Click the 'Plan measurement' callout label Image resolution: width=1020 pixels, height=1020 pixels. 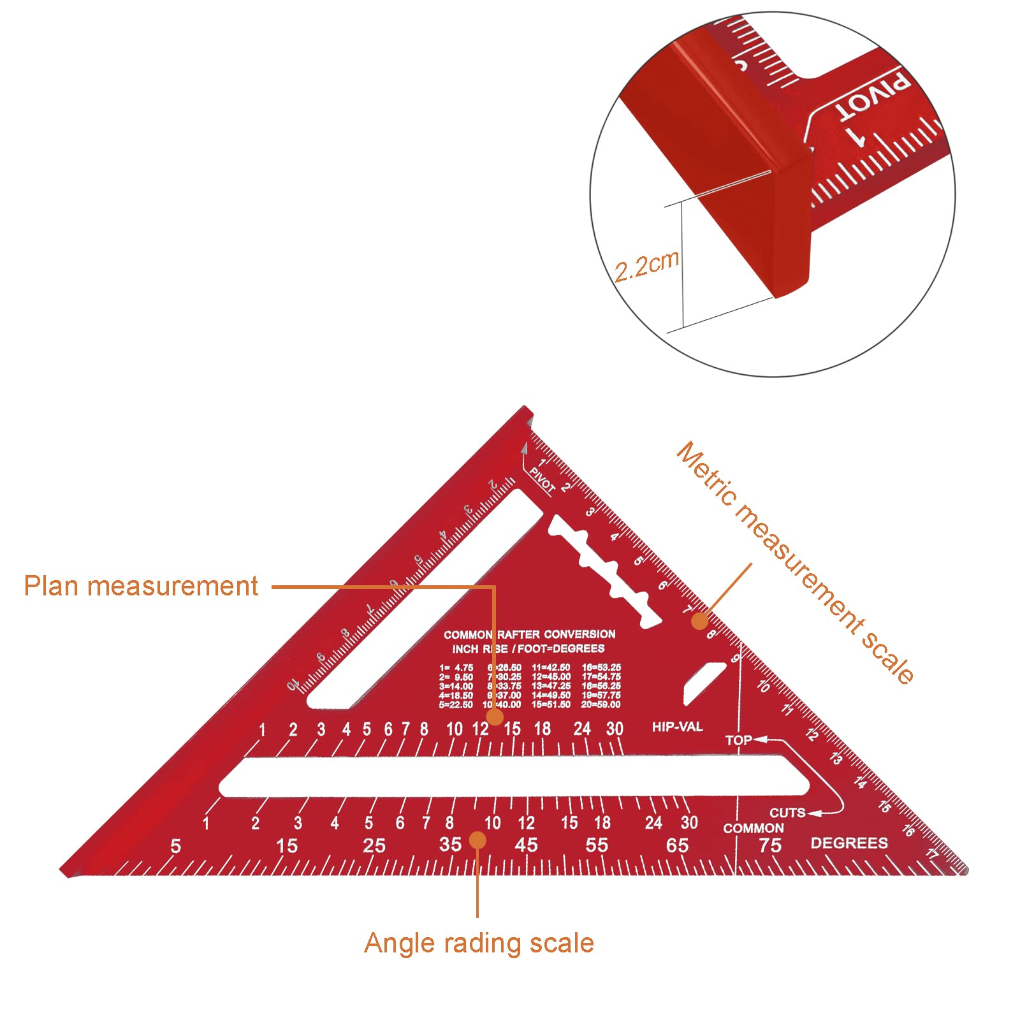pos(141,586)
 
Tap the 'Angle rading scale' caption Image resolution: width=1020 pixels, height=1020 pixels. pos(479,943)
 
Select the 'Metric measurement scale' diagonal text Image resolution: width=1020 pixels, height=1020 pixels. pos(794,564)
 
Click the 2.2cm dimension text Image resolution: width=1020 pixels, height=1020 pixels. pos(646,266)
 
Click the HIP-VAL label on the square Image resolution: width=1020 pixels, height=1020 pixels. pos(677,727)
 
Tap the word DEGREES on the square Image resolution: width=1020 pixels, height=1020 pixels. pos(849,843)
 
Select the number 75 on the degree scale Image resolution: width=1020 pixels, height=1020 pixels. pos(769,845)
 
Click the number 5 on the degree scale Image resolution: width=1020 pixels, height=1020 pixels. pos(176,847)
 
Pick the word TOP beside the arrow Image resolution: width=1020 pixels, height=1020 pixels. pos(738,740)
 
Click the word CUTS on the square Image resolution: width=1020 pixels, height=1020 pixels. pos(787,813)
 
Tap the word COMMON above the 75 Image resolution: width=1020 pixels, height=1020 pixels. pos(753,828)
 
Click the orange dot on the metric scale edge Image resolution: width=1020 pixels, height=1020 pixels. pos(700,620)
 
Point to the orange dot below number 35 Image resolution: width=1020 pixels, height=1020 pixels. pos(477,840)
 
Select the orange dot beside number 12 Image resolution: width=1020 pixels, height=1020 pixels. pos(495,717)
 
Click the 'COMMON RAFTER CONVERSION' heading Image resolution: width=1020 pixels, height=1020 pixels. pos(529,634)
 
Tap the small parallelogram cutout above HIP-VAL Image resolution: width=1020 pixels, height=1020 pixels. pos(704,683)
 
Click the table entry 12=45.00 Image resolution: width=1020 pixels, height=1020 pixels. pos(551,676)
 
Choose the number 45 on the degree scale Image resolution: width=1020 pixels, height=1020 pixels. pos(526,845)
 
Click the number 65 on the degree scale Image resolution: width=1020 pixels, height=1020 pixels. pos(677,845)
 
